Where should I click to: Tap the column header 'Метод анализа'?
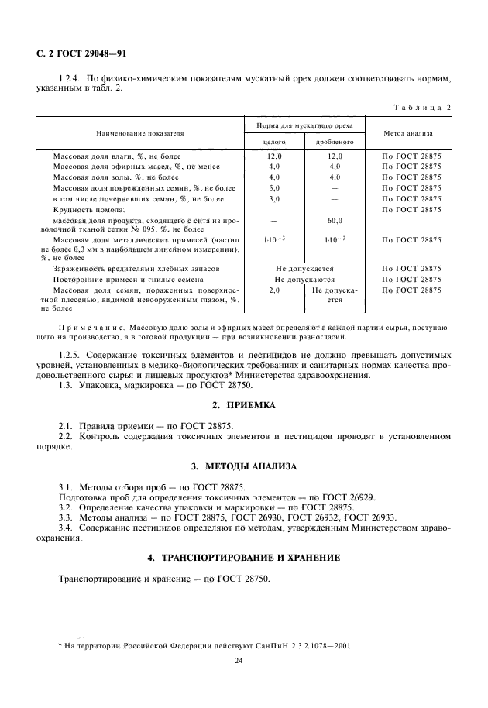[x=412, y=133]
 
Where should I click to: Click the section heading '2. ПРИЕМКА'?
[x=244, y=406]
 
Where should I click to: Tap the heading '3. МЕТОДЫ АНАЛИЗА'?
[x=244, y=466]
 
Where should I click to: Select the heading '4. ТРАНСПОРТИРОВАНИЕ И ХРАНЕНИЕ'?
[x=244, y=558]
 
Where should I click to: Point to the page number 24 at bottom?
[x=244, y=661]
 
